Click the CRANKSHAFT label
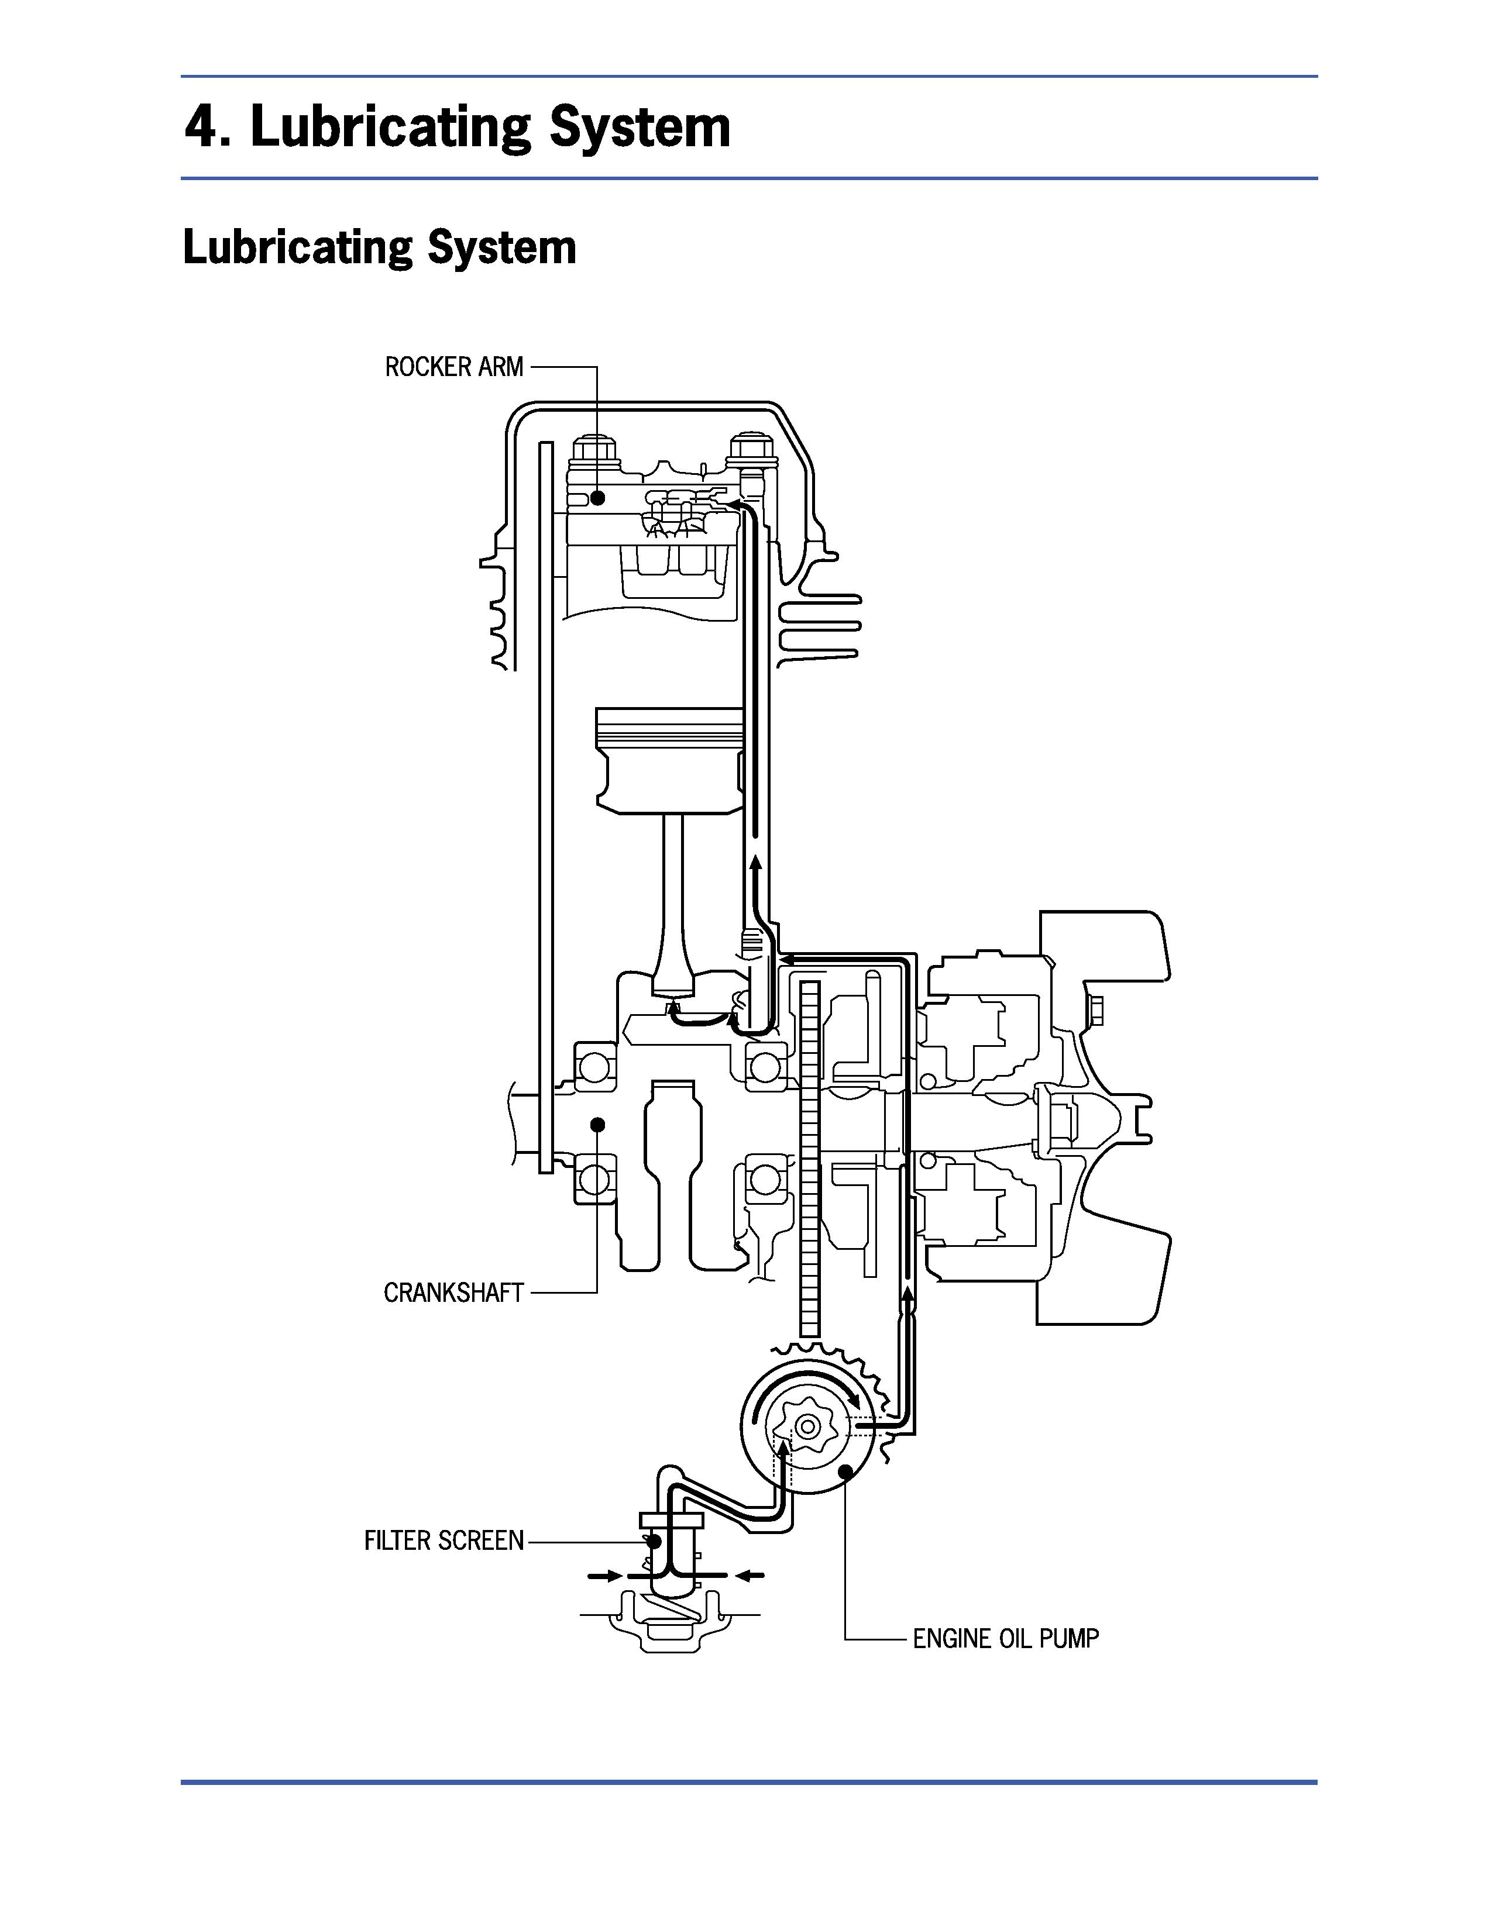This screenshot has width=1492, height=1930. pos(453,1293)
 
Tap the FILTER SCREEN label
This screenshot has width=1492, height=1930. pos(444,1541)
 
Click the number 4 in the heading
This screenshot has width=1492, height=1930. pos(201,128)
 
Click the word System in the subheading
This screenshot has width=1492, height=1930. pos(501,249)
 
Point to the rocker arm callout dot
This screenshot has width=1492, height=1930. pos(597,498)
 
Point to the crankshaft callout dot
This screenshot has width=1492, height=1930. pos(597,1124)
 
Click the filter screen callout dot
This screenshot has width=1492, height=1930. pos(654,1541)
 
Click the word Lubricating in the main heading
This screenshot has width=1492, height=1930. pos(390,128)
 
